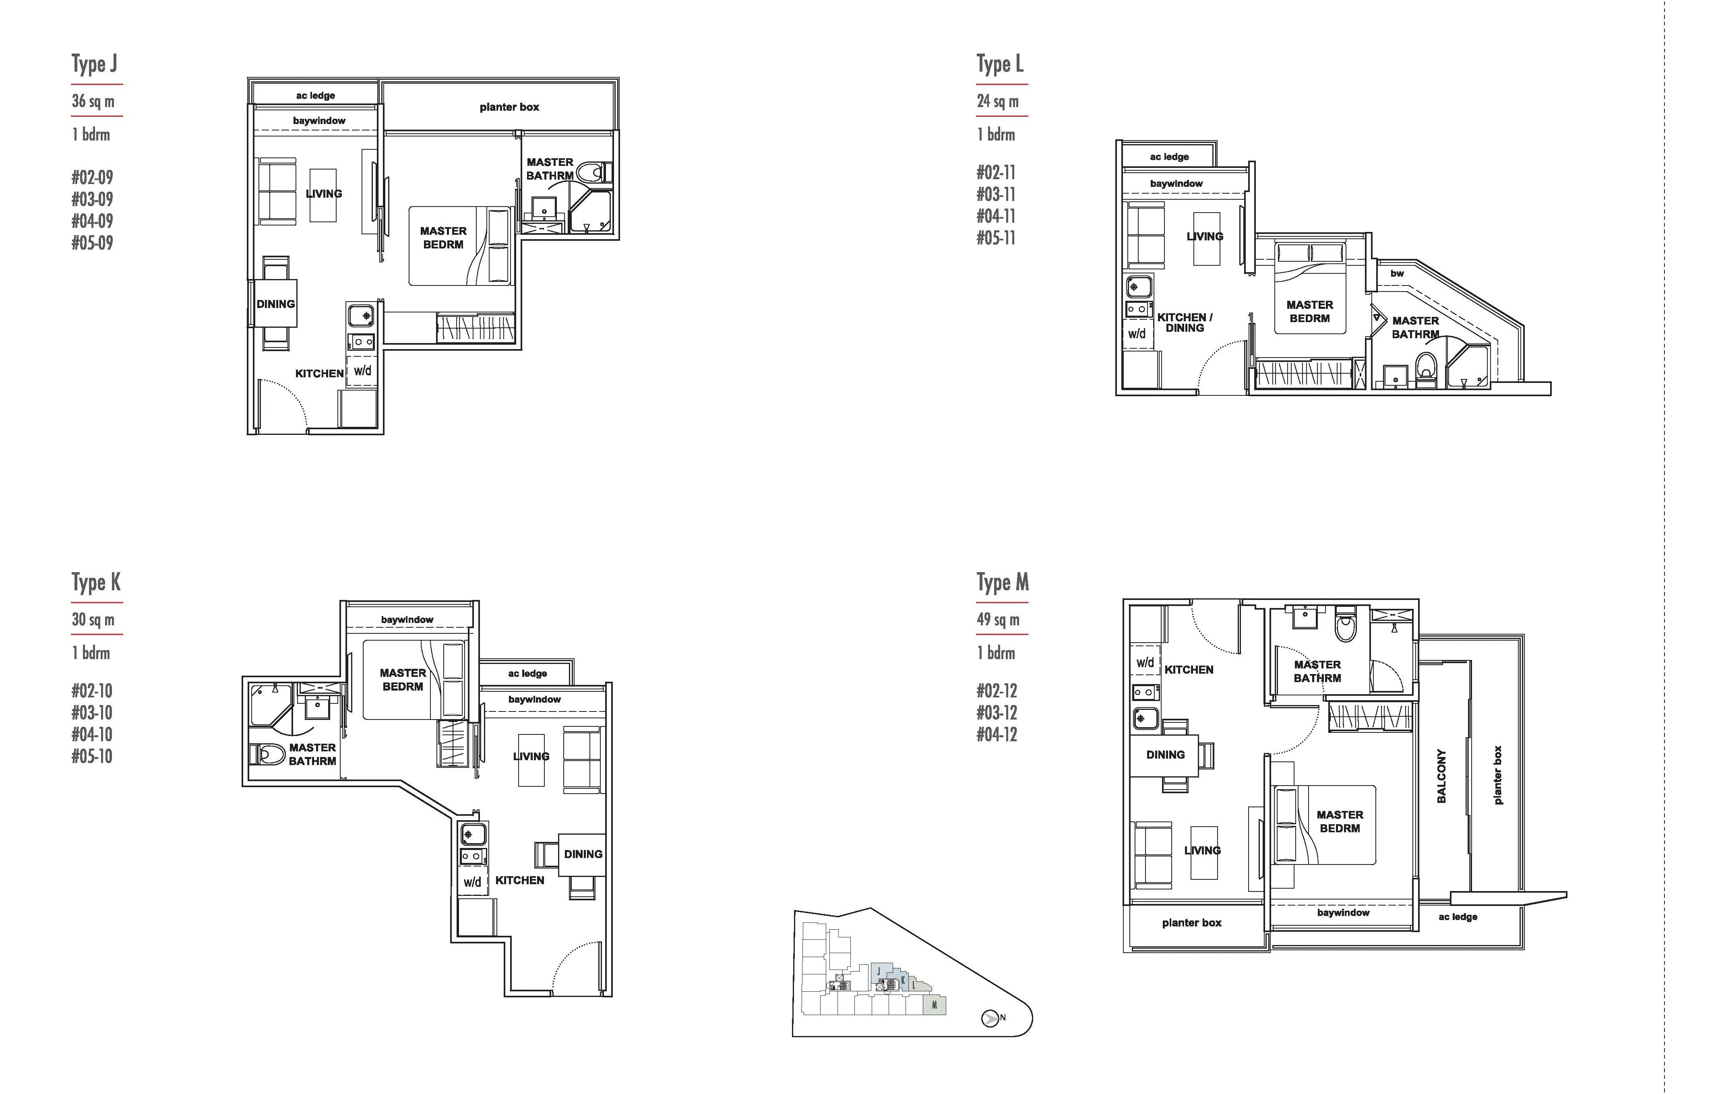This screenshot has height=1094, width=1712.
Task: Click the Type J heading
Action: click(95, 64)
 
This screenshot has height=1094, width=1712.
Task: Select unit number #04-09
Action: click(93, 221)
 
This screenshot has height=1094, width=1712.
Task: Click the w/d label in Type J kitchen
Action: click(363, 370)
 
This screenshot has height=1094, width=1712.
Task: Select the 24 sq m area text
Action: click(997, 101)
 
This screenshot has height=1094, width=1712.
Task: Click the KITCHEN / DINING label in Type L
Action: click(1185, 323)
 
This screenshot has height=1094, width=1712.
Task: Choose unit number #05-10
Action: click(93, 756)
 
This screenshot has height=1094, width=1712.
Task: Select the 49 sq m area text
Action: click(998, 620)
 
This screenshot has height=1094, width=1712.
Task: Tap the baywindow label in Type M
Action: click(1343, 913)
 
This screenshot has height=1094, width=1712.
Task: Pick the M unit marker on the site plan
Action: click(934, 1005)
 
